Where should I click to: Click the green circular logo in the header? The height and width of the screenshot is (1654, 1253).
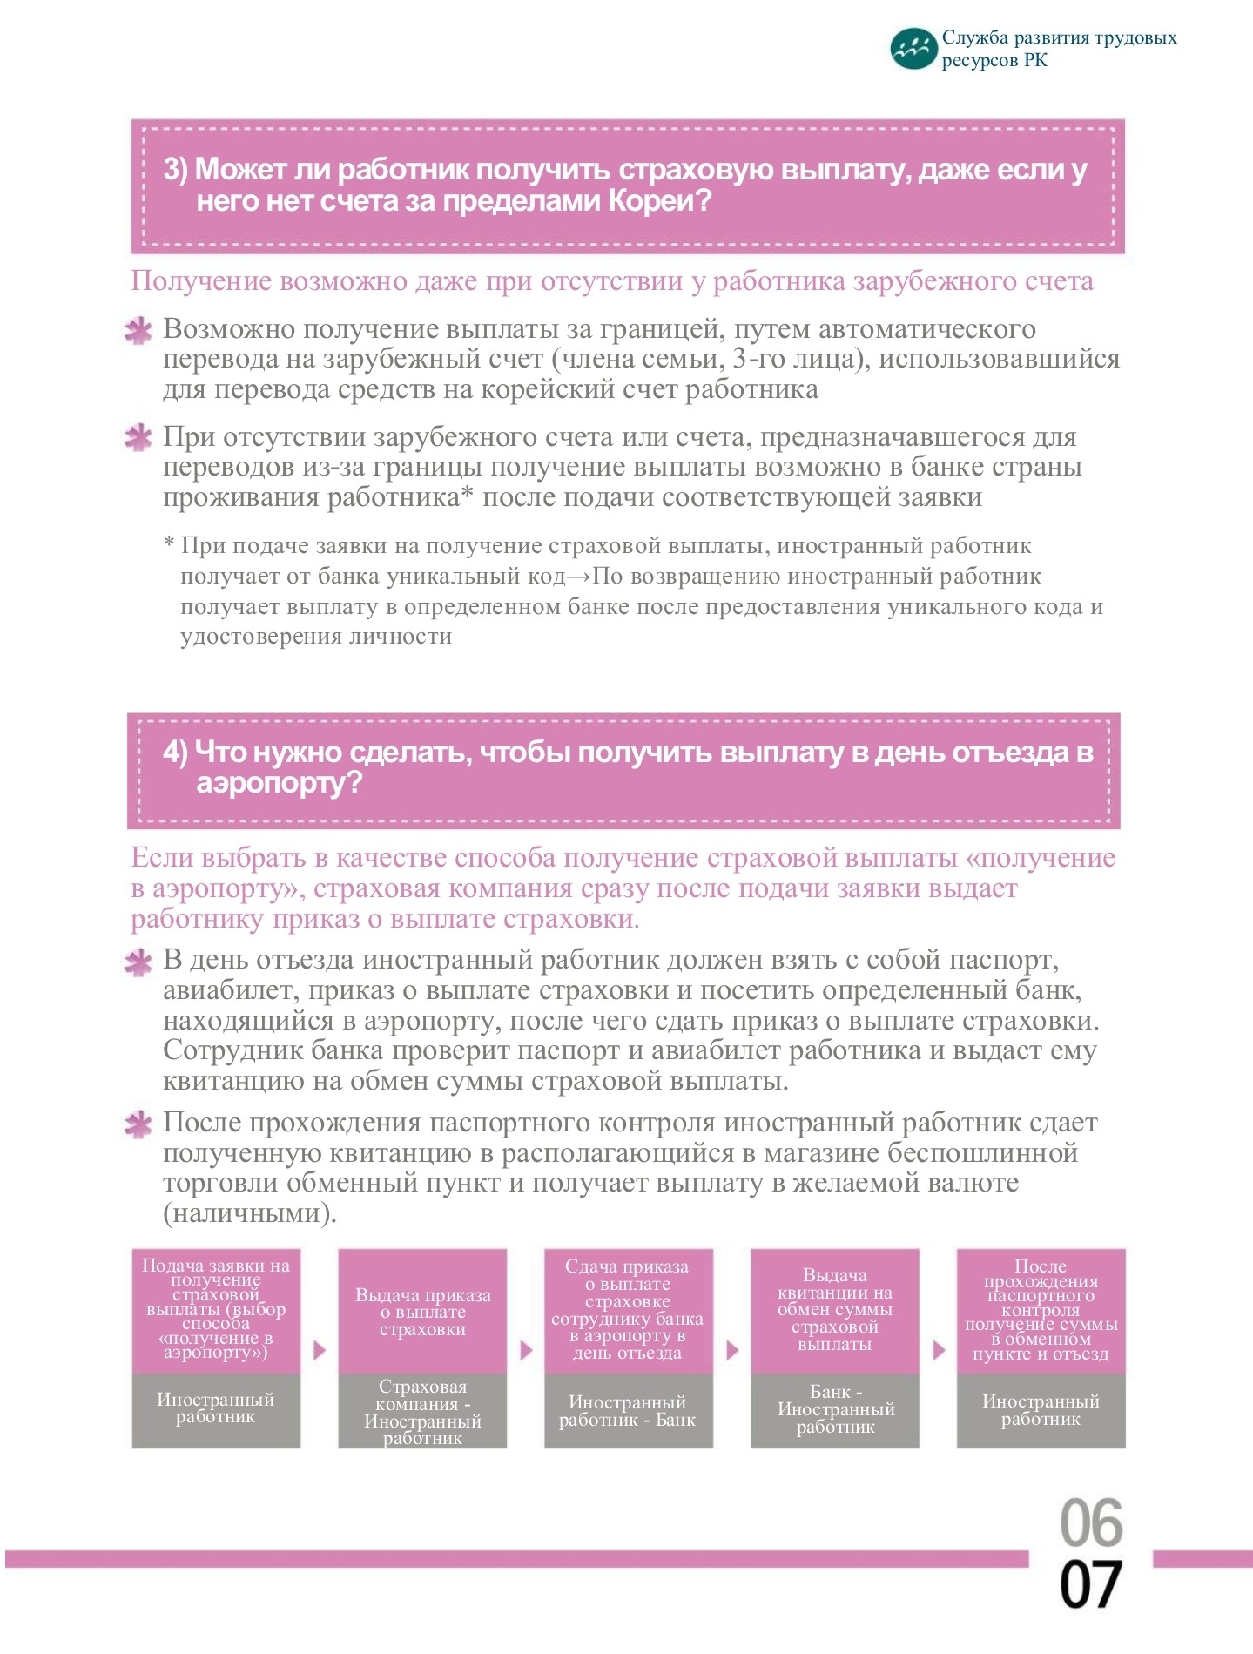[913, 48]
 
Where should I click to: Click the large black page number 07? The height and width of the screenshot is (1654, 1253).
[1090, 1585]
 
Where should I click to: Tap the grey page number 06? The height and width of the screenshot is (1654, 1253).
[1091, 1523]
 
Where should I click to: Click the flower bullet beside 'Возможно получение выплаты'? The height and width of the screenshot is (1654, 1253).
[138, 331]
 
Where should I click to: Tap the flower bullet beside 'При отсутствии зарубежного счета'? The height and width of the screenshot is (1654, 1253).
[138, 438]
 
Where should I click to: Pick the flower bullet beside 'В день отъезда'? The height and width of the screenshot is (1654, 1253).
[138, 962]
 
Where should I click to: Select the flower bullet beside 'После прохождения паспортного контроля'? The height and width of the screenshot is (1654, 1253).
[138, 1124]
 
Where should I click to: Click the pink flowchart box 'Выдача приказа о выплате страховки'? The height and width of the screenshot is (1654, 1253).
[422, 1312]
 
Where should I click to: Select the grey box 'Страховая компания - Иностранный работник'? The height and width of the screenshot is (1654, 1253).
[422, 1412]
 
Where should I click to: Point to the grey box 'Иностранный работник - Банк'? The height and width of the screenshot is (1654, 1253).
[628, 1412]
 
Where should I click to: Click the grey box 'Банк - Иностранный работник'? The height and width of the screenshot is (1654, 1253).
[834, 1411]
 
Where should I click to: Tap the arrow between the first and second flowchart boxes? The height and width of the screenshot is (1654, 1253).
[320, 1351]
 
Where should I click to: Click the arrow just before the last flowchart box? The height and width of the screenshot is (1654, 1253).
[938, 1351]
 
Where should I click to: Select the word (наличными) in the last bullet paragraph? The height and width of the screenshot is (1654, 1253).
[249, 1213]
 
